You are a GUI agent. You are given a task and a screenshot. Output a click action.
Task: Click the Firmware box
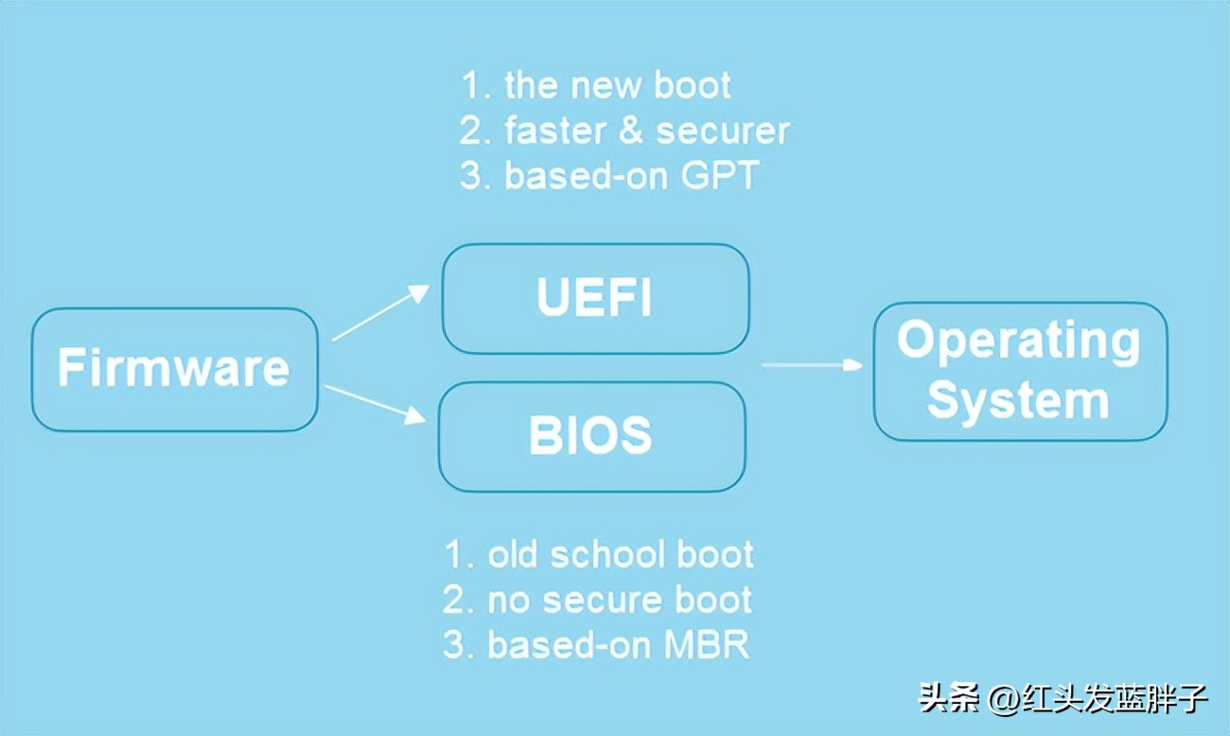pos(174,369)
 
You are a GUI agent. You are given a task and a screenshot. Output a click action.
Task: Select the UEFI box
pos(595,299)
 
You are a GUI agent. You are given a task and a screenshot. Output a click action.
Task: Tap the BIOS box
pos(591,436)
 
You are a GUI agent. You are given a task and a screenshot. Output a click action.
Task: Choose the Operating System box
pos(1019,371)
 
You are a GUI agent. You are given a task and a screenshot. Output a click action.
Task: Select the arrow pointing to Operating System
pos(813,364)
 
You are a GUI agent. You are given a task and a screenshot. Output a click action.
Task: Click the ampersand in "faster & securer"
pos(630,131)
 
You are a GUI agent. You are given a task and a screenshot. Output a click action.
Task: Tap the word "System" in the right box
pos(1018,400)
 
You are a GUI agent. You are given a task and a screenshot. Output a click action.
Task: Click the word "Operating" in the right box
pos(1019,341)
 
